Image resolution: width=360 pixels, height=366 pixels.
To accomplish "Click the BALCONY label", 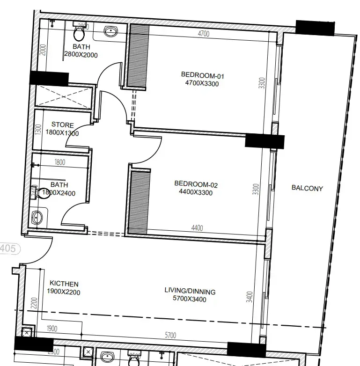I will [307, 188].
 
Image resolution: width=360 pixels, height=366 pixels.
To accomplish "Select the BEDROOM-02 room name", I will [196, 184].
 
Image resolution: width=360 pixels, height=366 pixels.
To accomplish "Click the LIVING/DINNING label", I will [190, 291].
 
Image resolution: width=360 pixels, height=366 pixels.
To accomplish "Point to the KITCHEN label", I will [64, 284].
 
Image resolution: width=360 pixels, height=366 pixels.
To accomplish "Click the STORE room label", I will [63, 125].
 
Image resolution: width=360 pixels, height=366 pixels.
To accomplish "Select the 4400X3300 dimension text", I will [196, 192].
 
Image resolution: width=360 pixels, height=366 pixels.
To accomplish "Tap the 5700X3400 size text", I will [190, 299].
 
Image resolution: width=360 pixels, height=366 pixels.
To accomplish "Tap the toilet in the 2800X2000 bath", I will [79, 33].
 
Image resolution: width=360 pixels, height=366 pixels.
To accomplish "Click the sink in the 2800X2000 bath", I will [110, 32].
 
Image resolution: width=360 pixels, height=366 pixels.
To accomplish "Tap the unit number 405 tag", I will [8, 248].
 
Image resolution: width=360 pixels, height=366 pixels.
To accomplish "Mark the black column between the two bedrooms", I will [264, 141].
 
